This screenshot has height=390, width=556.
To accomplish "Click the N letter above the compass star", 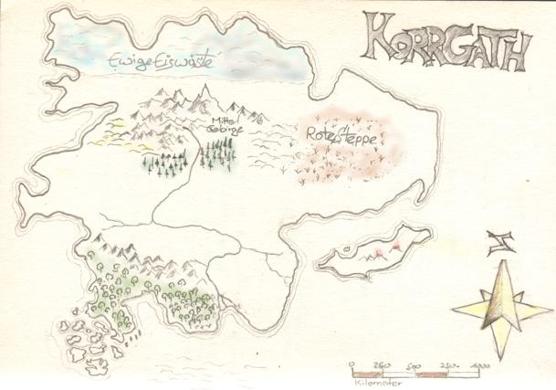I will pos(498,243).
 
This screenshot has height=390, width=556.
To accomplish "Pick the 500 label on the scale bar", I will pos(413,365).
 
